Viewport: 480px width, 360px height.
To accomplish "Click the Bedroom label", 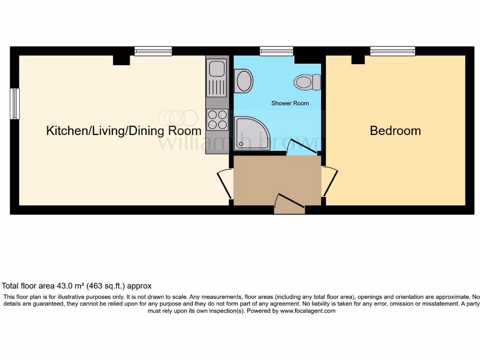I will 395,130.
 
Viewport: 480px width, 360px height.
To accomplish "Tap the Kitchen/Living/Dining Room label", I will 124,130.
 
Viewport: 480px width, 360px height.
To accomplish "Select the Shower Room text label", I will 290,103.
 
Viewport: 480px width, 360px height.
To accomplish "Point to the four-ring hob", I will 217,119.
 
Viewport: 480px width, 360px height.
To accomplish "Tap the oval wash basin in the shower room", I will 244,80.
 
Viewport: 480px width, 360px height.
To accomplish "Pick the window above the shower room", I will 277,51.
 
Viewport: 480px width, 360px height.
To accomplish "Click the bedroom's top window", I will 392,51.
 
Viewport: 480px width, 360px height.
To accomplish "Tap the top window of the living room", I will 153,51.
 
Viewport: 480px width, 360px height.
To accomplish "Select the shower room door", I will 302,147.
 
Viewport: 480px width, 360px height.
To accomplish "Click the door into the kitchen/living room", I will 225,184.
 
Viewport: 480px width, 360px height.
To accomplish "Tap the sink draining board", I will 217,88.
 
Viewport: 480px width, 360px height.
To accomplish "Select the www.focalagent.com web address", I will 307,311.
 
